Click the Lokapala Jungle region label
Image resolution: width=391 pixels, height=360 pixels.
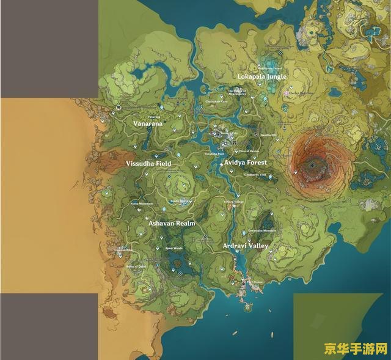261,77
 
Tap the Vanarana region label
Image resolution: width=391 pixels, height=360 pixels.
148,123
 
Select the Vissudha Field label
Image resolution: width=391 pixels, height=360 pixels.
148,164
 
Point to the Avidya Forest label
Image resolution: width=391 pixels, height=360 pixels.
246,163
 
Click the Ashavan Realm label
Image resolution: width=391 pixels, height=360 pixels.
172,224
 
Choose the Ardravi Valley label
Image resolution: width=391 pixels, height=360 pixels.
246,246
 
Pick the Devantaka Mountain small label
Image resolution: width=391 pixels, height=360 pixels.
262,231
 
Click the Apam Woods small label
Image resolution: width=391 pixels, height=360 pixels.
174,248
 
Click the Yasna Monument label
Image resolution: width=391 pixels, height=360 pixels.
142,204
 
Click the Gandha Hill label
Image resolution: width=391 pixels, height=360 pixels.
268,135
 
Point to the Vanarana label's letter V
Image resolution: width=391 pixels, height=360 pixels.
136,123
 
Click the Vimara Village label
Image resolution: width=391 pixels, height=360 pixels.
233,202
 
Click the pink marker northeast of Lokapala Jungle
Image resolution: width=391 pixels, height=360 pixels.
286,93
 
